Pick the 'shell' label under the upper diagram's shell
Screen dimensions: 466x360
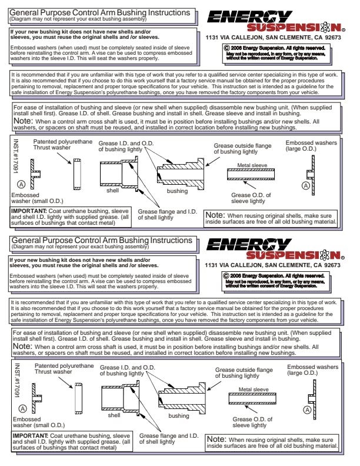(112, 191)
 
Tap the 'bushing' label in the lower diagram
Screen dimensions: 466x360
(178, 415)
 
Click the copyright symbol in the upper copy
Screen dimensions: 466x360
(226, 46)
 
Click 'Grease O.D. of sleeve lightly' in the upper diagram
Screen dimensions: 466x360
(251, 198)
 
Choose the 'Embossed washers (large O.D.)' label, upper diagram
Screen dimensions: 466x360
(311, 145)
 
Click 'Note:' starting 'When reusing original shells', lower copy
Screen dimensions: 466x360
(216, 439)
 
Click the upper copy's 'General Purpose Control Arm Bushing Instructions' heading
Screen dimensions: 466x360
(101, 12)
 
